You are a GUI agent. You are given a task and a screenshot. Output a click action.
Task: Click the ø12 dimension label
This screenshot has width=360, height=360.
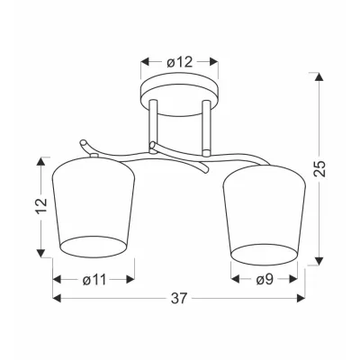point(179,62)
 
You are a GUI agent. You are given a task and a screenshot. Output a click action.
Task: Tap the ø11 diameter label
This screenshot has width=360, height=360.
point(94,280)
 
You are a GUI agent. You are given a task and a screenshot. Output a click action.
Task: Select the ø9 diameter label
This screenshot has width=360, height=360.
point(265,280)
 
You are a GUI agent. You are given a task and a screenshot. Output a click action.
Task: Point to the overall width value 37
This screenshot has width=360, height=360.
point(179,299)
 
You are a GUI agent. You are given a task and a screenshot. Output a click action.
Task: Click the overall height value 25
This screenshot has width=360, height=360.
point(319,168)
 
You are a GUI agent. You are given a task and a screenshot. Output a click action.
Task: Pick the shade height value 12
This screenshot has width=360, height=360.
point(41,205)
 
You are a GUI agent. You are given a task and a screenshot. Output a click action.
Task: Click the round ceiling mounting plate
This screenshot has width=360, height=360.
point(180,94)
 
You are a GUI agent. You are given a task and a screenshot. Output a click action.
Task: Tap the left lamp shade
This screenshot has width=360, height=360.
point(94,208)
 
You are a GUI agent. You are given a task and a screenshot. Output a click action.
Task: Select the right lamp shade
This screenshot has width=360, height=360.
point(264,215)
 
